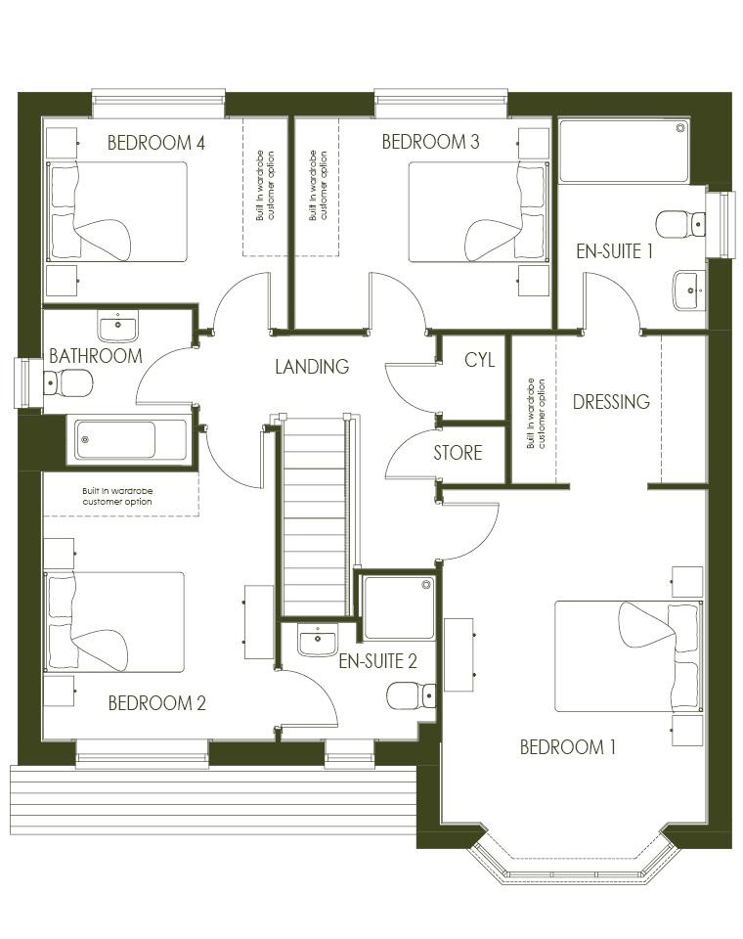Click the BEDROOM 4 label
click(x=156, y=143)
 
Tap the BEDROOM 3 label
click(x=430, y=141)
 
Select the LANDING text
click(x=312, y=367)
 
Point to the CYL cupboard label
click(x=480, y=359)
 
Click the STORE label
click(x=458, y=452)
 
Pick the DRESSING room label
click(x=611, y=401)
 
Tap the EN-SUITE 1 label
click(x=614, y=251)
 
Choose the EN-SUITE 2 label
click(x=377, y=661)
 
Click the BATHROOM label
click(x=96, y=356)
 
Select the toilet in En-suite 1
click(x=680, y=224)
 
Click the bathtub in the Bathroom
click(x=131, y=440)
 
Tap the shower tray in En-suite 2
click(x=399, y=607)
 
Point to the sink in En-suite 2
click(x=318, y=640)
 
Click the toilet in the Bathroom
click(x=67, y=382)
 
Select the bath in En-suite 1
click(x=624, y=151)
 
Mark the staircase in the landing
click(x=315, y=516)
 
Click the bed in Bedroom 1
click(x=628, y=656)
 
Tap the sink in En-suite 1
click(x=688, y=291)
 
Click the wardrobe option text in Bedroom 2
click(x=117, y=497)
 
